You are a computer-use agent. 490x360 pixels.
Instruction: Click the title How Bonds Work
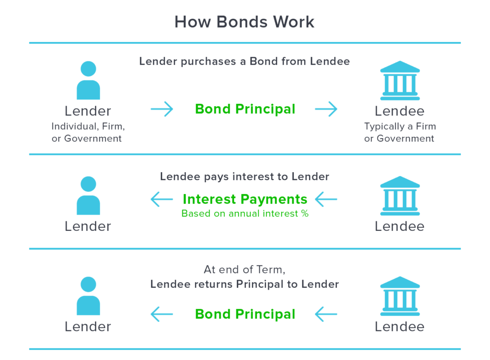(245, 22)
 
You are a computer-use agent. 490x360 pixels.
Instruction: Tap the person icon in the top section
(88, 80)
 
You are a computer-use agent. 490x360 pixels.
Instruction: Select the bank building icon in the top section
(400, 80)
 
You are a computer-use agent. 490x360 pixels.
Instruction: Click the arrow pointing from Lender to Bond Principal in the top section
(162, 109)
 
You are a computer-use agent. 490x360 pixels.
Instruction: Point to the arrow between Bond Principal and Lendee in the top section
(326, 109)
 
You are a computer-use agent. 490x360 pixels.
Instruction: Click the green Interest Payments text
(245, 199)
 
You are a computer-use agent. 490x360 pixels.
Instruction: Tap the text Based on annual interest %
(245, 214)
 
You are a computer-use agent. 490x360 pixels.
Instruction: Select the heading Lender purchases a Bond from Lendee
(245, 61)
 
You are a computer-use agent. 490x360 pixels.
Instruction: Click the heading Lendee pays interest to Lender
(245, 176)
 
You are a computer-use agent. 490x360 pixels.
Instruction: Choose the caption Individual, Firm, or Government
(88, 132)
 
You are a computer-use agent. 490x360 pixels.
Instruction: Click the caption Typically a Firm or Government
(400, 132)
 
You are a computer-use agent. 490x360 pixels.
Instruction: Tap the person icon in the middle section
(88, 196)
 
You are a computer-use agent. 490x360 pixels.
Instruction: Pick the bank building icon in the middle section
(400, 196)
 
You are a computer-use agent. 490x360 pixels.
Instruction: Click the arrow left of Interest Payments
(162, 199)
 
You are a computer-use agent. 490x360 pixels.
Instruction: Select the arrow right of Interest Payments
(326, 199)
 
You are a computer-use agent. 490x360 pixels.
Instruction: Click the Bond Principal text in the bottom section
(245, 314)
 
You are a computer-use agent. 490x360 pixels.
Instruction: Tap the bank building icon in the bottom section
(400, 296)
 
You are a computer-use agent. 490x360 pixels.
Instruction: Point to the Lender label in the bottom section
(88, 327)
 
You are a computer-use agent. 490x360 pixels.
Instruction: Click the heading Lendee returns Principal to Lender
(245, 284)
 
